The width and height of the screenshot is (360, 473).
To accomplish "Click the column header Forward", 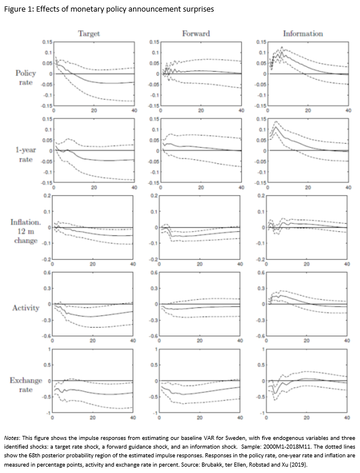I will click(x=196, y=34).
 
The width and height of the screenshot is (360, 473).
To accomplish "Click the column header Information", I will click(x=303, y=34).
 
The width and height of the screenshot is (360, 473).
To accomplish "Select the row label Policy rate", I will click(x=26, y=78).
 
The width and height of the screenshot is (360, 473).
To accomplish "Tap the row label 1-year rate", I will click(x=24, y=154).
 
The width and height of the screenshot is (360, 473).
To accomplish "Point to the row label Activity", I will click(x=26, y=308).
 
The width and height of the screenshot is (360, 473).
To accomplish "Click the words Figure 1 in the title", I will click(x=18, y=8).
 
